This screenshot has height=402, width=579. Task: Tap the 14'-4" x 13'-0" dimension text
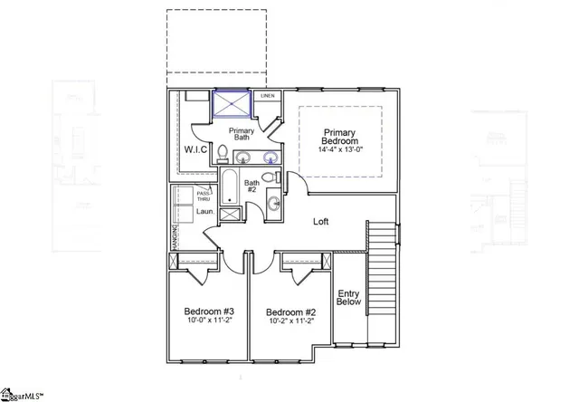coord(342,153)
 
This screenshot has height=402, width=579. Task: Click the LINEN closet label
coord(267,95)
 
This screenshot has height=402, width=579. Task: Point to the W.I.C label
coord(195,148)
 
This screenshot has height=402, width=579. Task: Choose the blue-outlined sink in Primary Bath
coord(269,158)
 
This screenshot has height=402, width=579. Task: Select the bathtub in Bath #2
coord(229,186)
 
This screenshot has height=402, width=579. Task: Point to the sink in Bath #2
coord(272,204)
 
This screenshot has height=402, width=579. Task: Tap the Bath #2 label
coord(252,187)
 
